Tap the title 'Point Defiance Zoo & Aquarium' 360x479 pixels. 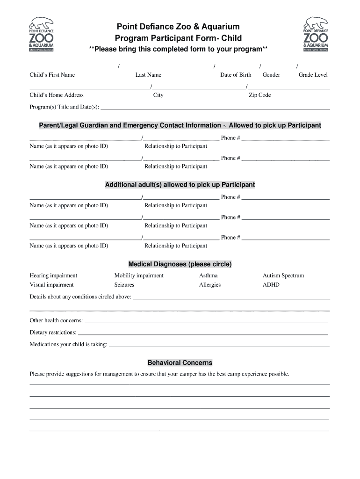[x=178, y=27]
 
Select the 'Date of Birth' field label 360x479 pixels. [x=236, y=75]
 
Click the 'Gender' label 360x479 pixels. [x=271, y=75]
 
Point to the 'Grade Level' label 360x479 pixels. [x=313, y=75]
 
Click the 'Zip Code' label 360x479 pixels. [x=259, y=95]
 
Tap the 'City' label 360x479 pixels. [x=158, y=95]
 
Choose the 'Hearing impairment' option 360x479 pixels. [x=53, y=276]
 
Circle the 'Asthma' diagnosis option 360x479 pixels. [x=208, y=276]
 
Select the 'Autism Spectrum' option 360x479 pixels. [x=283, y=276]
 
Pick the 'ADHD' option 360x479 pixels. [x=271, y=285]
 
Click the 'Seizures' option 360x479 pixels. [x=124, y=285]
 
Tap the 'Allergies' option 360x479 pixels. [x=209, y=285]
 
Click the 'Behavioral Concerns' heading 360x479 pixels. [x=180, y=363]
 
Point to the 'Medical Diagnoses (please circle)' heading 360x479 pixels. [x=180, y=264]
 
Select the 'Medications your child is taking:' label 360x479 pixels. [x=68, y=345]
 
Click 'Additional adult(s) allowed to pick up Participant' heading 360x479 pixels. [x=180, y=185]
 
